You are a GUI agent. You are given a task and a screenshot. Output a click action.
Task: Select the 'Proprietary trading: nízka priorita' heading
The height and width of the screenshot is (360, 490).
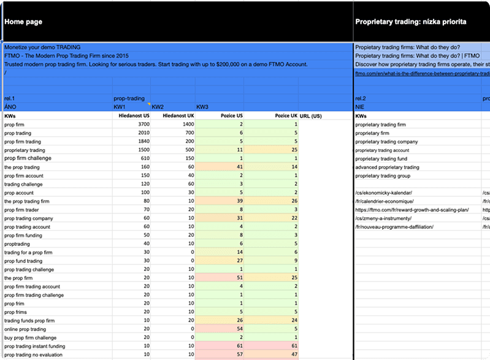click(411, 21)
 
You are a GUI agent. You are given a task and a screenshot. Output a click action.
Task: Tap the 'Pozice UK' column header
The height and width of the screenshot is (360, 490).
click(286, 115)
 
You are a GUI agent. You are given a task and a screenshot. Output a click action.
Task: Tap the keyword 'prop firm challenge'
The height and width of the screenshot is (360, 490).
click(28, 158)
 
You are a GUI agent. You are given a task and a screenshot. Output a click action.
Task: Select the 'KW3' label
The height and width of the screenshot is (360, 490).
click(202, 106)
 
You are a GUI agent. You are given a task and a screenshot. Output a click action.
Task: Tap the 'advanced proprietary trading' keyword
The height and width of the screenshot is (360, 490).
click(388, 167)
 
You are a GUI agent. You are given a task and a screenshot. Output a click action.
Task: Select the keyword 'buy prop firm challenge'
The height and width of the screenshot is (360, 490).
click(30, 337)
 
